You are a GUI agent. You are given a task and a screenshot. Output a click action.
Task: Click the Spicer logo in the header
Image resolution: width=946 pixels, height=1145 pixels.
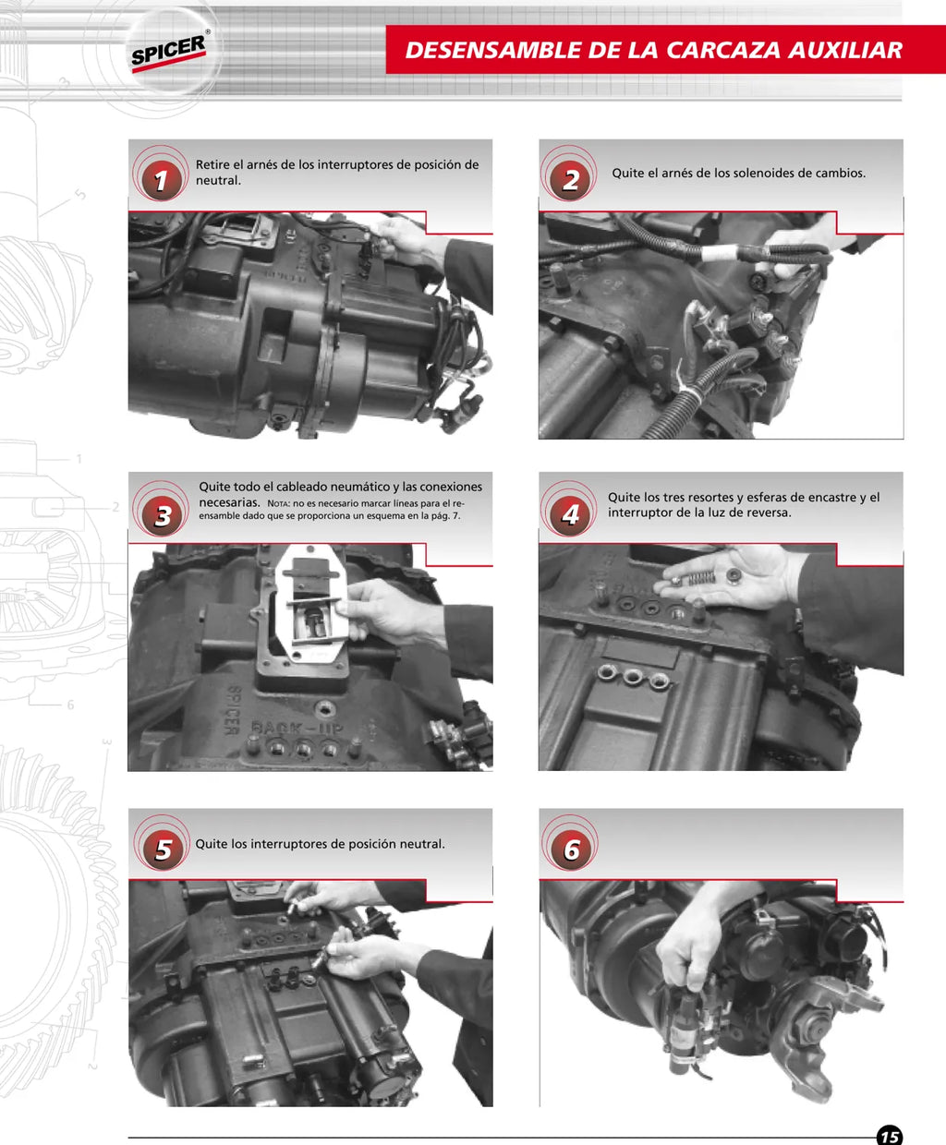pos(169,54)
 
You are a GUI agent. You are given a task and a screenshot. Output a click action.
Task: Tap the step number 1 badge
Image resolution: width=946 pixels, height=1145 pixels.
pos(162,179)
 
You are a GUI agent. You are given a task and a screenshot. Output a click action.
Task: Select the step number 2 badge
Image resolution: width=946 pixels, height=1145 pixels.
pos(571,179)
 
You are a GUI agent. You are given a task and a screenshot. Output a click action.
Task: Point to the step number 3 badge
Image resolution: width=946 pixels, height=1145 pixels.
pos(163,515)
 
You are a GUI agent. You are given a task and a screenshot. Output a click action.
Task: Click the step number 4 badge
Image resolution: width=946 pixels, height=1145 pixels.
pos(571,515)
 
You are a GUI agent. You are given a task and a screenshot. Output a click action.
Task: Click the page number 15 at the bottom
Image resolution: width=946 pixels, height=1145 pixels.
pos(890,1135)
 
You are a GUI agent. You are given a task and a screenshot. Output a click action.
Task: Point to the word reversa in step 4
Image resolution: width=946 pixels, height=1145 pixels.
pos(770,512)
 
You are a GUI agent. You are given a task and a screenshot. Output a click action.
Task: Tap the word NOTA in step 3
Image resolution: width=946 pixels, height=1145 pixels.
pos(278,503)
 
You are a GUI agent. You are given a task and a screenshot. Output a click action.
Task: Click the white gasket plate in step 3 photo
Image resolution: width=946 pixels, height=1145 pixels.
pos(311,604)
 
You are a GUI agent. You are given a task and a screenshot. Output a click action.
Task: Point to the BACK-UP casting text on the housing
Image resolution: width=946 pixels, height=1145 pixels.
pos(297,729)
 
